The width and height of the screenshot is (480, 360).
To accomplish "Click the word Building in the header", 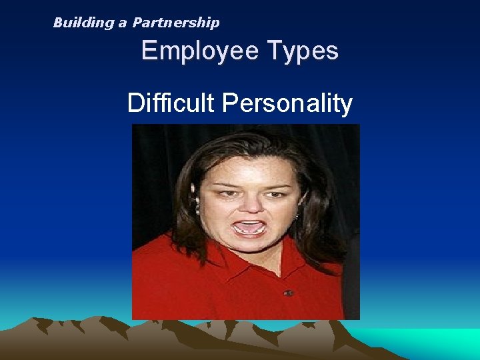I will [84, 23].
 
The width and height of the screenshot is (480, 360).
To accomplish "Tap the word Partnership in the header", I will [176, 23].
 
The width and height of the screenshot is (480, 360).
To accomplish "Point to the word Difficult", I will [171, 103].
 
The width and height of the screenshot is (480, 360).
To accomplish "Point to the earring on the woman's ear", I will [197, 209].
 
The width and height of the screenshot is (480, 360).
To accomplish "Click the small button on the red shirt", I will [288, 293].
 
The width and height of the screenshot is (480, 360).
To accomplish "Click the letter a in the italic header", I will [123, 23].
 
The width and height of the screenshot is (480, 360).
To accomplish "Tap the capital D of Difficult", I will [135, 103].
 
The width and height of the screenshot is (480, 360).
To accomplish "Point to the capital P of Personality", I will [230, 103].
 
